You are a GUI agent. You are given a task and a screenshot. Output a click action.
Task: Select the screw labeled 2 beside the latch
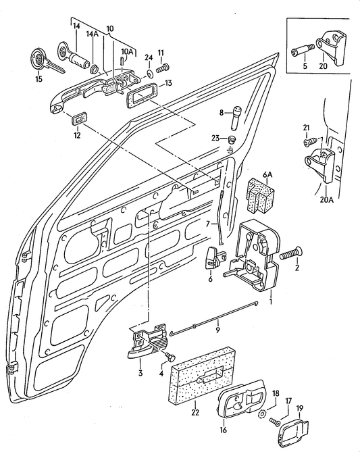coord(288,255)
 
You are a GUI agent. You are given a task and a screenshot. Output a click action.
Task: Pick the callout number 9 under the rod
coord(217,330)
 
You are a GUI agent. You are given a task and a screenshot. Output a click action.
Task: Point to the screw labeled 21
coord(308,143)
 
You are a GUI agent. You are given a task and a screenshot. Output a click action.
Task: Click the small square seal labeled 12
coord(79,120)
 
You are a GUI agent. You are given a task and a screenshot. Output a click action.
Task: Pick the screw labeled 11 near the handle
coord(162,68)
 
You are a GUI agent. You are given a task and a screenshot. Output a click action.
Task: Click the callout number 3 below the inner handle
coord(140,372)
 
